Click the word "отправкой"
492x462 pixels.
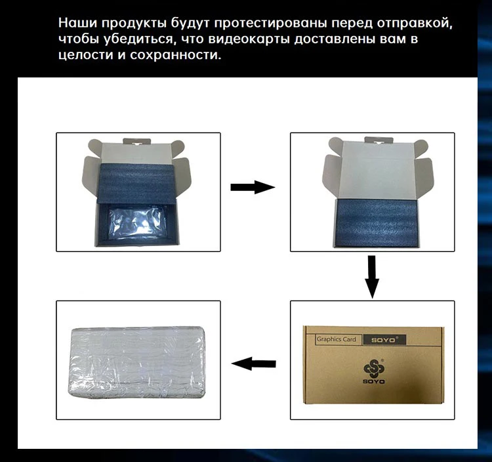[415, 24]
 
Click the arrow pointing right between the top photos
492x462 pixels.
[253, 188]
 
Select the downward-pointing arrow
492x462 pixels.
[372, 277]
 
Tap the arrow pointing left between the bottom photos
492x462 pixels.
[253, 364]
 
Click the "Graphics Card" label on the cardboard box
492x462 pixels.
[337, 339]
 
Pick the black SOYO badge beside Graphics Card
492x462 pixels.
[384, 339]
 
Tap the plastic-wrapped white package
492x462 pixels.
[138, 362]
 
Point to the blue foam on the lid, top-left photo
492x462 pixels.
[138, 184]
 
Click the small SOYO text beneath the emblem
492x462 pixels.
[374, 382]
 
